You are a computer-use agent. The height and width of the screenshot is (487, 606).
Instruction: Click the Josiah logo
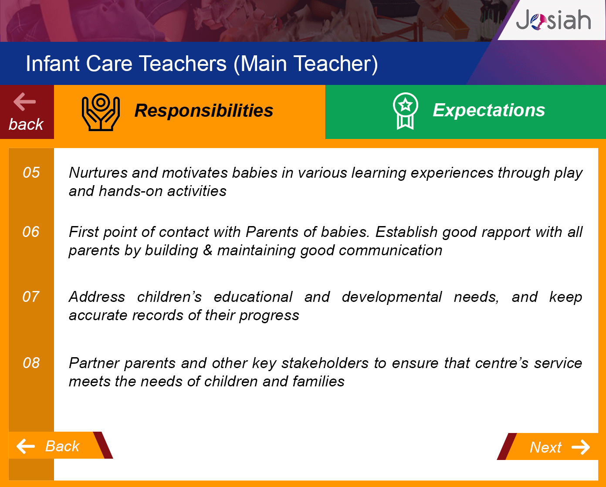coord(553,20)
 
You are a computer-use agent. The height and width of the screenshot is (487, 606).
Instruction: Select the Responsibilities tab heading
coord(204,110)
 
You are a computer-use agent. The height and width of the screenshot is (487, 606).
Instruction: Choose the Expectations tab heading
coord(489,110)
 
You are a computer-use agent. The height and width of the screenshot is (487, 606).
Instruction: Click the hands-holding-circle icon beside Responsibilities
coord(101,112)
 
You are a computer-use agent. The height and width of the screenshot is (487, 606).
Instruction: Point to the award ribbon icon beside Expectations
coord(406,111)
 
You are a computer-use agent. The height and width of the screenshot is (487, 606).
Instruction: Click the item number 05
coord(31,172)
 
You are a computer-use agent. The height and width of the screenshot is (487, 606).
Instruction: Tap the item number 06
coord(31,232)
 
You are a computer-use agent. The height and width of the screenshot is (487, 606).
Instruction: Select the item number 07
coord(31,297)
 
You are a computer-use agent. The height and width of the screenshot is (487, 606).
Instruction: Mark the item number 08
coord(31,363)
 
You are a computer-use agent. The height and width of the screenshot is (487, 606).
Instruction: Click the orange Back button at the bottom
coord(61,445)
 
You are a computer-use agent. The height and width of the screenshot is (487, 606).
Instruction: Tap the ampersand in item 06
coord(207,250)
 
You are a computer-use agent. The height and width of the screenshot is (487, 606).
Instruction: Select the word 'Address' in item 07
coord(97,297)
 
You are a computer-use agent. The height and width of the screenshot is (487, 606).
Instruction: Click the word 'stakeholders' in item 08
coord(325,363)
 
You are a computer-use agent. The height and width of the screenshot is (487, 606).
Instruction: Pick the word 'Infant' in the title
coord(53,64)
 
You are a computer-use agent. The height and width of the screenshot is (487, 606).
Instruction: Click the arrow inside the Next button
coord(581,447)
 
